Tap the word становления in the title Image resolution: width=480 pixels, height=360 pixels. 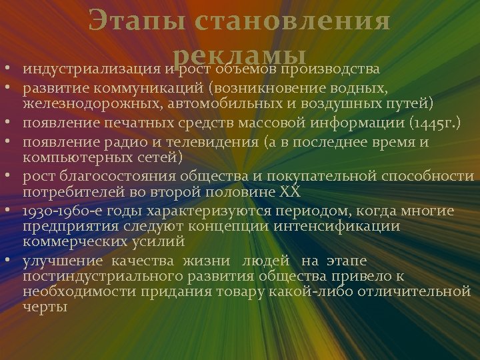coord(293,21)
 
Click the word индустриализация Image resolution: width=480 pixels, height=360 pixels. coord(90,69)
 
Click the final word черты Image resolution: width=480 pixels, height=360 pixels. coord(45,308)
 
